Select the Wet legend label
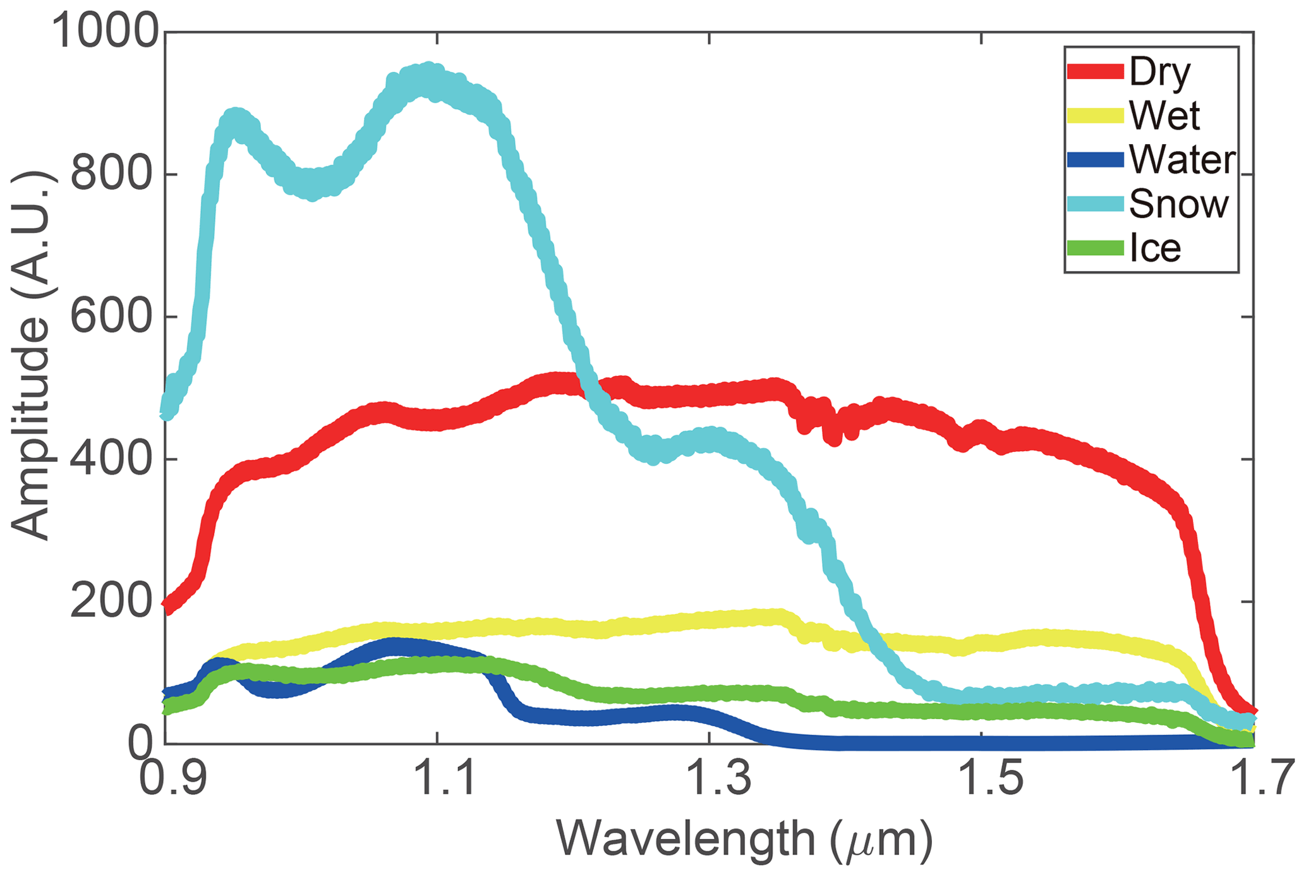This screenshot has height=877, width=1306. click(x=1164, y=116)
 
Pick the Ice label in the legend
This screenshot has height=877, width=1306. click(x=1155, y=248)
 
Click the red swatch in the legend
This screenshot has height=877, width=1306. click(x=1095, y=71)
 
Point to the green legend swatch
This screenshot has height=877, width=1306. click(x=1095, y=248)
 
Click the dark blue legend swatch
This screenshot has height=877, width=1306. click(x=1095, y=160)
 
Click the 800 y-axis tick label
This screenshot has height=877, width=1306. click(x=114, y=174)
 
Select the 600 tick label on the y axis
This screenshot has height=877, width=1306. click(x=114, y=317)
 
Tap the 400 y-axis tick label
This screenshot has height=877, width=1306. click(x=114, y=459)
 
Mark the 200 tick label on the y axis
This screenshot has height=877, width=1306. click(x=114, y=602)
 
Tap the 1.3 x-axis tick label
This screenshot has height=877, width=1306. click(x=711, y=780)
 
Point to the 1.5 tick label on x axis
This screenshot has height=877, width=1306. click(x=983, y=780)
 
